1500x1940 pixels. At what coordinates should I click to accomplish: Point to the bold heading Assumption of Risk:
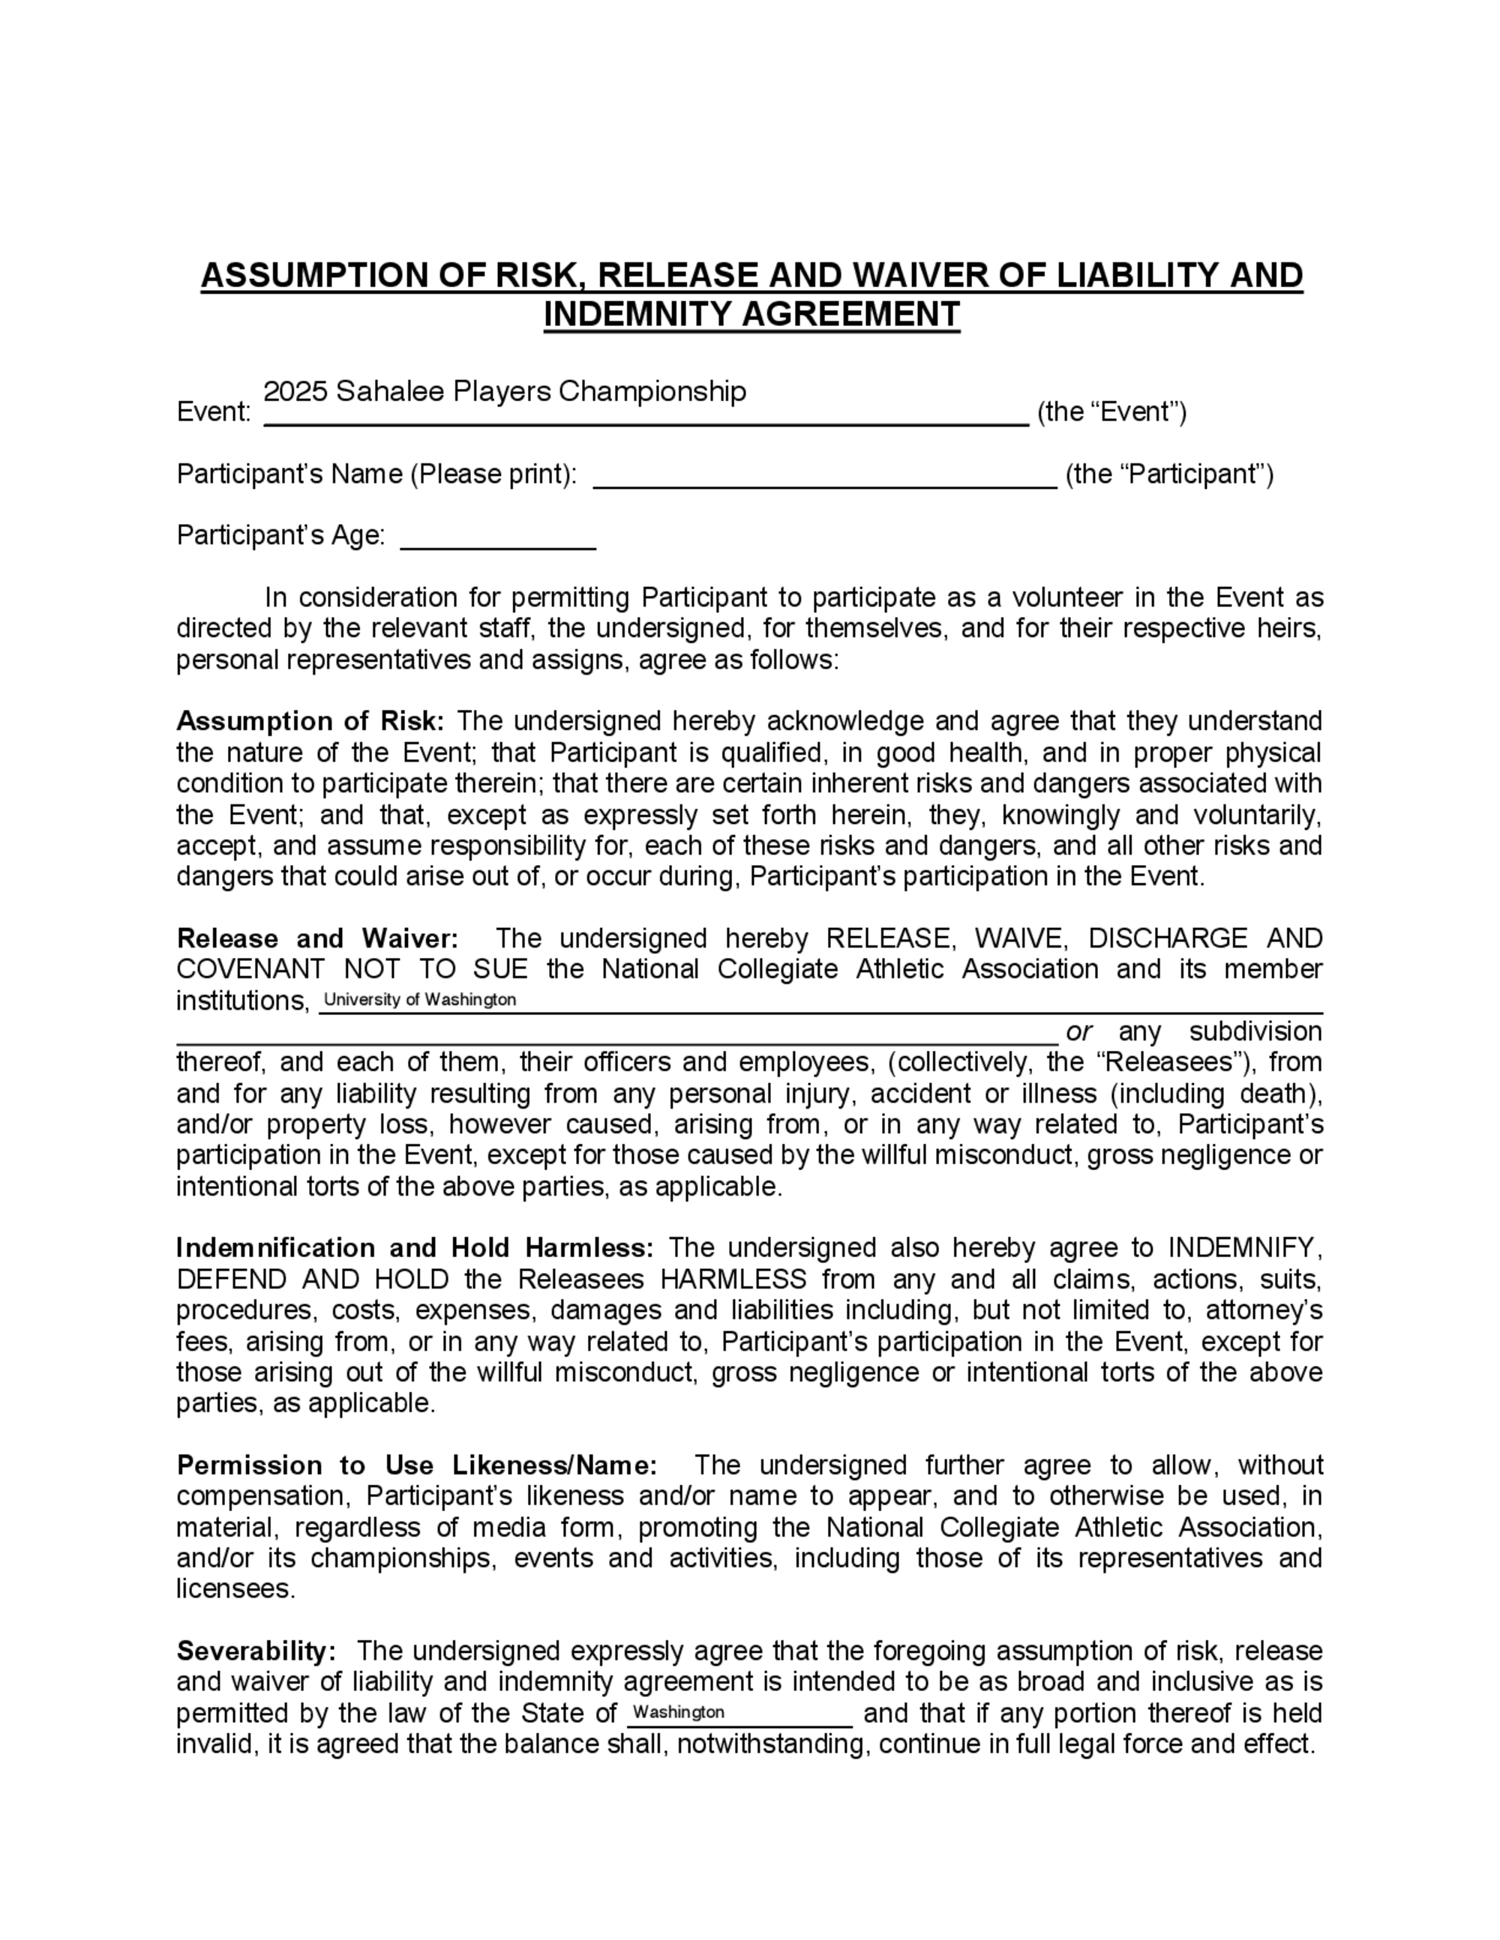point(310,720)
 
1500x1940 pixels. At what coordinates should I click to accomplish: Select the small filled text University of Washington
point(419,999)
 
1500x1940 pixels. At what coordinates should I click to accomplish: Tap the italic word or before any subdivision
point(1078,1031)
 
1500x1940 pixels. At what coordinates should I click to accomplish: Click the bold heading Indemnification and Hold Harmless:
point(415,1248)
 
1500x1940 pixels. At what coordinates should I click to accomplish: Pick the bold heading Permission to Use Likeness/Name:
point(417,1465)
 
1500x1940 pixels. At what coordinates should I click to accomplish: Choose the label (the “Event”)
point(1111,412)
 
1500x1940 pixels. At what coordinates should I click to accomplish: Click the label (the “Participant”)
point(1169,475)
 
